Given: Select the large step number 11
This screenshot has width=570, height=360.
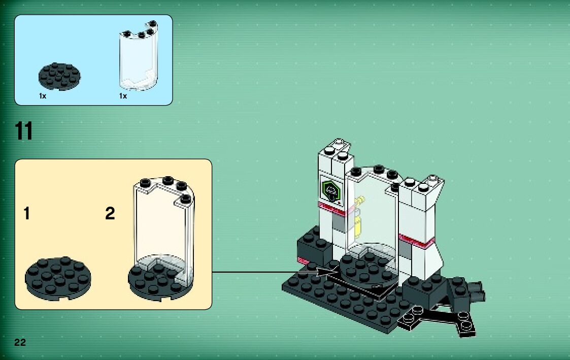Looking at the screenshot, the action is tap(24, 132).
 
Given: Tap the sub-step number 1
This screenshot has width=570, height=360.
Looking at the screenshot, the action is tap(26, 214).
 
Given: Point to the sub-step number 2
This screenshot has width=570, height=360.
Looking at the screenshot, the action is tap(110, 214).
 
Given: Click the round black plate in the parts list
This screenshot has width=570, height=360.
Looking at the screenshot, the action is tap(59, 76).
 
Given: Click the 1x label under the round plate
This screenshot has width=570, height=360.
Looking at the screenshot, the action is tap(43, 95).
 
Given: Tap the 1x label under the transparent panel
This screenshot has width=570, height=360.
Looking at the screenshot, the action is tap(123, 95).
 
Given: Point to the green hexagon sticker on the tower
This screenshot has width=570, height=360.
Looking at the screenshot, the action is tap(331, 191).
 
